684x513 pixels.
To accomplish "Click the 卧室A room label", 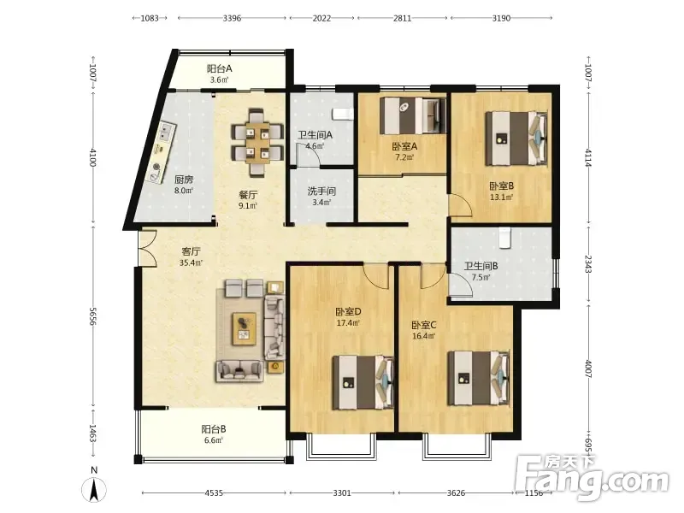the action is pos(404,146).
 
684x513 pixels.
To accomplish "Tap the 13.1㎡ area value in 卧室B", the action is pos(501,197).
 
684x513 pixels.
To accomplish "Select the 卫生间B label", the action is pos(481,266).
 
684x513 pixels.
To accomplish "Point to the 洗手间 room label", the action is pos(321,191).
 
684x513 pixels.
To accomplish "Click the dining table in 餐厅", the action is pos(256,142).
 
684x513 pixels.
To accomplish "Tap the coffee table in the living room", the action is pos(245,328).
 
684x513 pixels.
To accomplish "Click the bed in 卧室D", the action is pos(363,382).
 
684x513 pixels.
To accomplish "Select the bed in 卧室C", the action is pos(479,378).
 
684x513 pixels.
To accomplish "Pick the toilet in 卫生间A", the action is pos(343,115).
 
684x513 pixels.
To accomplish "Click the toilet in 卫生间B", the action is pos(504,238).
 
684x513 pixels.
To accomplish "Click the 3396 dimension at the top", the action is pos(232,18).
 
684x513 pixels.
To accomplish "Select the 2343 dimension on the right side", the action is pos(587,264).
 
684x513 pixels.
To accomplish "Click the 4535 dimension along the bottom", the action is pos(214,493).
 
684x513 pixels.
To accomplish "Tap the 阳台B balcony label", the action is pos(213,429).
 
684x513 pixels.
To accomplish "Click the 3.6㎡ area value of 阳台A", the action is pos(219,80).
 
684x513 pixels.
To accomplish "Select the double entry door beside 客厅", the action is pos(147,248).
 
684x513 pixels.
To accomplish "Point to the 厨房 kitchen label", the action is pos(184,180).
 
